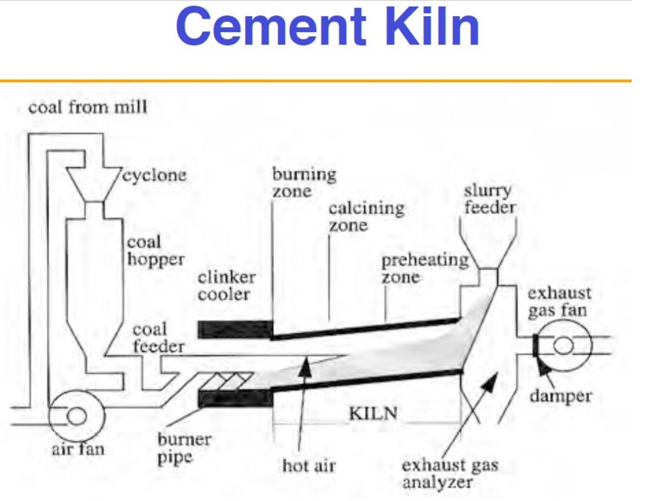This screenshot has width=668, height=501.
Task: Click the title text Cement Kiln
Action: coord(328,27)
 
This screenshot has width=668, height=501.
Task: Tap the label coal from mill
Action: coord(88,108)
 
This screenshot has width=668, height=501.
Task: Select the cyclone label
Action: coord(155,175)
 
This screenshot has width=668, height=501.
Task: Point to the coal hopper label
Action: coord(155,250)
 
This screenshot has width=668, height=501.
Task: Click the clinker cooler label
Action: coord(226,286)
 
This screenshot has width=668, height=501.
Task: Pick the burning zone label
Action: coord(304,182)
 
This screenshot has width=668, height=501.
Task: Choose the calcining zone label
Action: coord(366,217)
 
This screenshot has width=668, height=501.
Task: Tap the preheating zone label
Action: coord(424,268)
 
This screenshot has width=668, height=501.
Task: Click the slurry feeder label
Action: coord(489,199)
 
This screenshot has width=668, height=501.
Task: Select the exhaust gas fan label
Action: coord(559,302)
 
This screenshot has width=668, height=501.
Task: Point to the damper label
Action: coord(561,396)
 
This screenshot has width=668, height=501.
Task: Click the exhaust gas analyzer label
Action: coord(450,473)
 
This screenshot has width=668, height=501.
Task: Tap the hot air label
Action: coord(309,465)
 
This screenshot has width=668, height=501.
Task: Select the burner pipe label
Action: coord(184,448)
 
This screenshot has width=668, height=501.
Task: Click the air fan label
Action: coord(78,449)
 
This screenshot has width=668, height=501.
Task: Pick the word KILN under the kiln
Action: coord(373,412)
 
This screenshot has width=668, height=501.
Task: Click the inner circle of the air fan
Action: coord(77,415)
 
